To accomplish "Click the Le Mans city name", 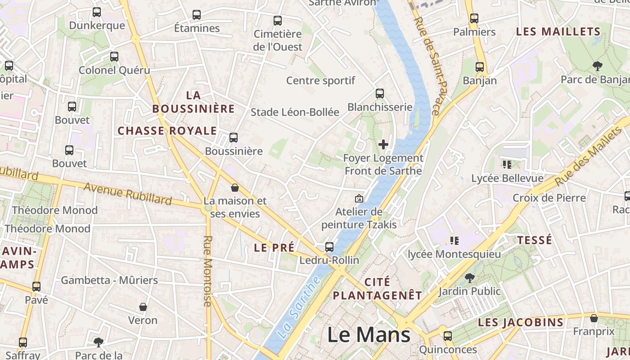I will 369,335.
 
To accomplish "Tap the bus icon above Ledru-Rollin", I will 329,247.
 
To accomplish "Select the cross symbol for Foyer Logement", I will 383,144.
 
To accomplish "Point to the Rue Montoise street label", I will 207,271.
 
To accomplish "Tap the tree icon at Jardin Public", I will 470,278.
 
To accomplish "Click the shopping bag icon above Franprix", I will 594,318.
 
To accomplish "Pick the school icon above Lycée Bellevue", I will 507,165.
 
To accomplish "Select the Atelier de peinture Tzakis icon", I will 359,198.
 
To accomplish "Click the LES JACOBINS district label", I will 521,322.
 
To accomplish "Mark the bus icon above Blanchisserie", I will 380,94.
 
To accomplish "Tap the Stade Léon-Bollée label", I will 295,112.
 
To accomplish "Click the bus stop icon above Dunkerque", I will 97,12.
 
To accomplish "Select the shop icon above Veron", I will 143,307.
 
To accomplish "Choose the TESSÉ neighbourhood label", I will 535,240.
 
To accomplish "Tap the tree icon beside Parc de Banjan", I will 598,67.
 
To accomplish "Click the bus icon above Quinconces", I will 448,336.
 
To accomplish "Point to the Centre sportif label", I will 321,81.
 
